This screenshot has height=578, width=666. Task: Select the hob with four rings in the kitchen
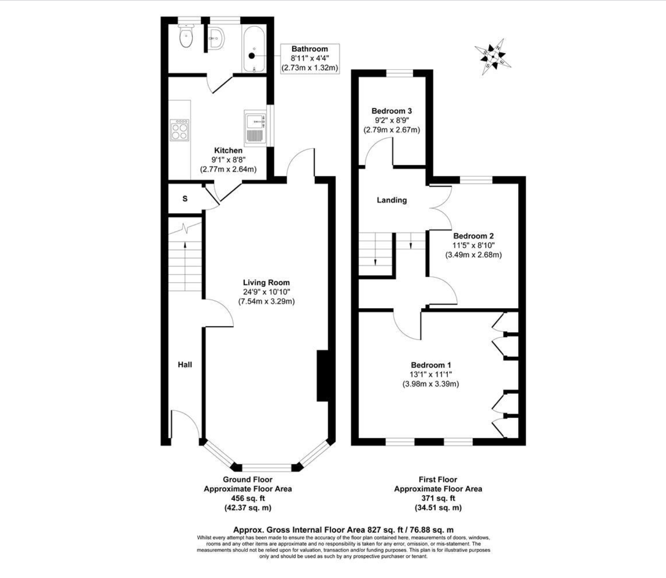tap(180, 129)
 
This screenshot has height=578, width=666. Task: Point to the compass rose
tap(493, 57)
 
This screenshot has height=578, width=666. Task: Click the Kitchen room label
tap(228, 151)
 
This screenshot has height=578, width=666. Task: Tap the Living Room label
tap(267, 282)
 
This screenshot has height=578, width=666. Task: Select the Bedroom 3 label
tap(392, 111)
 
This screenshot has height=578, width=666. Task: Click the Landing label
tap(392, 200)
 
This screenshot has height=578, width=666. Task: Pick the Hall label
tap(185, 365)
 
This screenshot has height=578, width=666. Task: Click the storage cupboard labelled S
tap(185, 199)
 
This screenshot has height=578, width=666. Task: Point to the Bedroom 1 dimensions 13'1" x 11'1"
tap(431, 374)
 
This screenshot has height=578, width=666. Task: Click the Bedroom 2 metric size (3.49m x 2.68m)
tap(473, 255)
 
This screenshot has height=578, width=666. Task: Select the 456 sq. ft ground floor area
tap(248, 498)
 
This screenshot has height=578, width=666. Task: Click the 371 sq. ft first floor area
tap(438, 498)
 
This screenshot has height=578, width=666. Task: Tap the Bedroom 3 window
tap(399, 73)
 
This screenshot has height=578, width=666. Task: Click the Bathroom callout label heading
tap(310, 49)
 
